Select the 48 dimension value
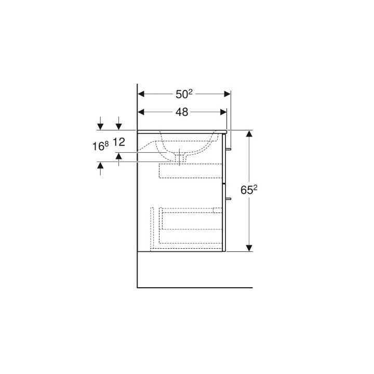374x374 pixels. (x=182, y=112)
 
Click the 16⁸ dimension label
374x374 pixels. (x=101, y=146)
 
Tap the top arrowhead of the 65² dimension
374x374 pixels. (x=249, y=133)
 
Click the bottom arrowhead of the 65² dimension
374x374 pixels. (x=249, y=248)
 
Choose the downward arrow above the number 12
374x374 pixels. (x=119, y=126)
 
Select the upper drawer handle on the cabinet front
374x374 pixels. (x=229, y=149)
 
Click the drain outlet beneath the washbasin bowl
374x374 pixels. (x=180, y=157)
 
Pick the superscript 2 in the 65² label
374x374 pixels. (x=256, y=188)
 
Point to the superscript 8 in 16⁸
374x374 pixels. (x=106, y=143)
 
